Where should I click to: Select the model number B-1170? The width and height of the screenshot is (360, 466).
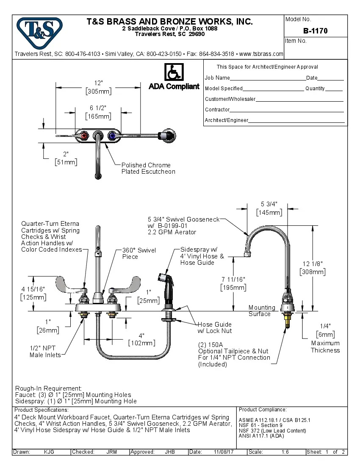click(x=315, y=31)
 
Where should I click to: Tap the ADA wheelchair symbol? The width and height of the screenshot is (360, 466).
click(x=173, y=72)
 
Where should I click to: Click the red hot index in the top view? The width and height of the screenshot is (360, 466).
click(x=84, y=136)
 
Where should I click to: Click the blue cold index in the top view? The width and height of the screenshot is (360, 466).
click(x=112, y=136)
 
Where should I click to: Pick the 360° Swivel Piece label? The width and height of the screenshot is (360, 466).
click(x=139, y=253)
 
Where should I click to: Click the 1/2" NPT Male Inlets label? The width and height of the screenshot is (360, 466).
click(x=45, y=351)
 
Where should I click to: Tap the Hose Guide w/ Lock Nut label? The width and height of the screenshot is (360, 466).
click(x=215, y=327)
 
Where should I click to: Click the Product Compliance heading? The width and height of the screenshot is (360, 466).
click(x=263, y=410)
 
